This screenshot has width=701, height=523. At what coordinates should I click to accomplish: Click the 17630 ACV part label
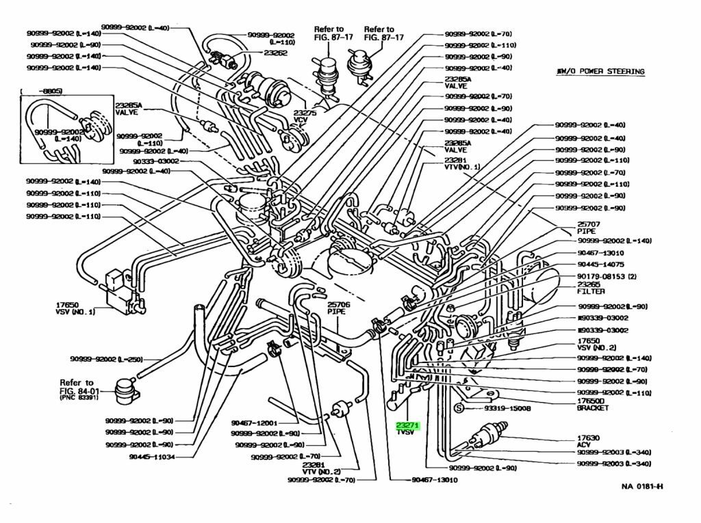click(x=588, y=440)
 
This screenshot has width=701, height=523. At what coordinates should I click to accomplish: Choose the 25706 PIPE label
click(x=339, y=308)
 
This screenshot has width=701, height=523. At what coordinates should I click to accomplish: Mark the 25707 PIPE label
click(x=588, y=228)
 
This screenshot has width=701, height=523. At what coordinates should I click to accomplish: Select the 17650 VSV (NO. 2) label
click(x=596, y=343)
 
